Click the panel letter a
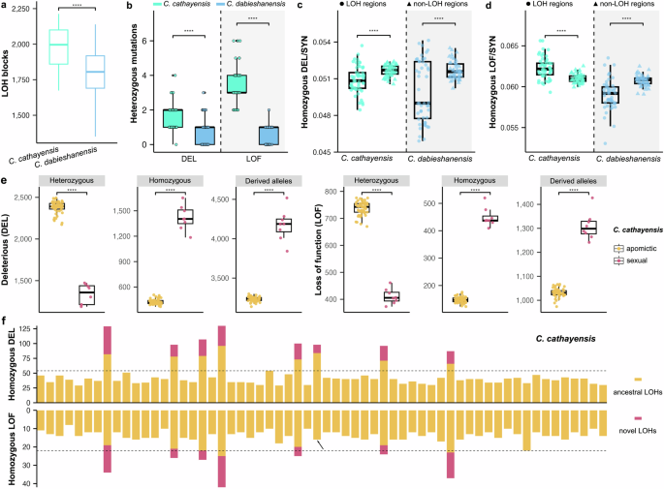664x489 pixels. coord(5,7)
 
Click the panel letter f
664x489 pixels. coord(5,320)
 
